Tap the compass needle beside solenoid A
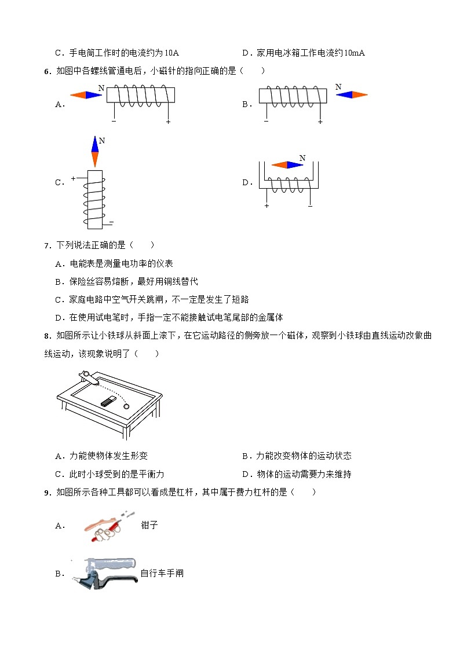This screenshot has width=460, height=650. point(86,95)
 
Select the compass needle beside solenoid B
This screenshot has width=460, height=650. point(352,95)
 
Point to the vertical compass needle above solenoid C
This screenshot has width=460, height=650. point(95,152)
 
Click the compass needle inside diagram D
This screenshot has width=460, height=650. point(287,165)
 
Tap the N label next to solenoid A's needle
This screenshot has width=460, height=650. point(101,88)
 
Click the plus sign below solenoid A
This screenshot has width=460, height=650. point(168,122)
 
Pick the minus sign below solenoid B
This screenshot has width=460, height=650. point(266,122)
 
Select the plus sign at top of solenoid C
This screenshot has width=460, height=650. point(74,179)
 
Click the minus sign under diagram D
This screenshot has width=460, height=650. point(311,205)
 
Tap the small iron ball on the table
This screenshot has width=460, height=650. point(127,406)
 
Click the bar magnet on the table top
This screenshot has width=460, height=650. point(108,401)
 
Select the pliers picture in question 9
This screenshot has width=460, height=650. point(104,526)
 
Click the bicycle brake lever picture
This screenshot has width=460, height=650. point(104,573)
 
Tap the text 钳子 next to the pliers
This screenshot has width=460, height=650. point(149,526)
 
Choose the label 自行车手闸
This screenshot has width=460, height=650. point(162,574)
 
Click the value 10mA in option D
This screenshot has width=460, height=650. point(354,53)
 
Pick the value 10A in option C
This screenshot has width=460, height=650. point(171,53)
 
